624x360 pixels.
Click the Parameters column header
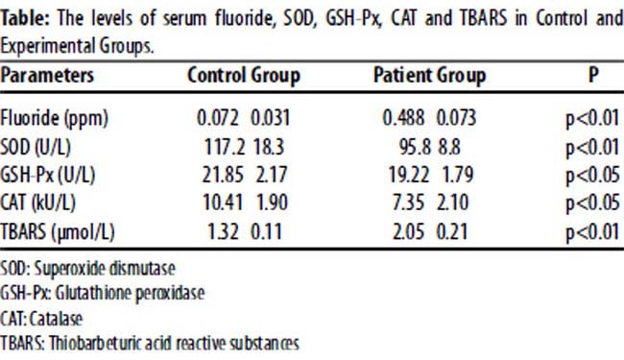tap(47, 75)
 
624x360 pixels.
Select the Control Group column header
tap(244, 76)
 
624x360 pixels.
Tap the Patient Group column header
tap(429, 76)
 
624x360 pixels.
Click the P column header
tap(593, 75)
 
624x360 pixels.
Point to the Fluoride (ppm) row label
tap(54, 118)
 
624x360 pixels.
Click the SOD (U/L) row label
tap(36, 147)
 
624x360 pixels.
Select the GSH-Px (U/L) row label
tap(48, 175)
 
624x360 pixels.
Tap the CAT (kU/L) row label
tap(37, 203)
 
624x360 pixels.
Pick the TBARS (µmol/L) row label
tap(58, 231)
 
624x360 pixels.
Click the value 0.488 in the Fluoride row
tap(403, 118)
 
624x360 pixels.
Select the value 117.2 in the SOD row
tap(225, 147)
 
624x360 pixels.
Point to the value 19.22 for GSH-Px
tap(409, 175)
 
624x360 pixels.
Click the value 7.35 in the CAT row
tap(408, 203)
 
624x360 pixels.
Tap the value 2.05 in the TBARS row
tap(408, 231)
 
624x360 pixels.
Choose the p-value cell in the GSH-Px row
tap(593, 176)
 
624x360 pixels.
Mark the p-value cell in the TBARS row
tap(593, 232)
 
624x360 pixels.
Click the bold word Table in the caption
tap(25, 18)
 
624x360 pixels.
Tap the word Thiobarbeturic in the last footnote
tap(95, 343)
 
